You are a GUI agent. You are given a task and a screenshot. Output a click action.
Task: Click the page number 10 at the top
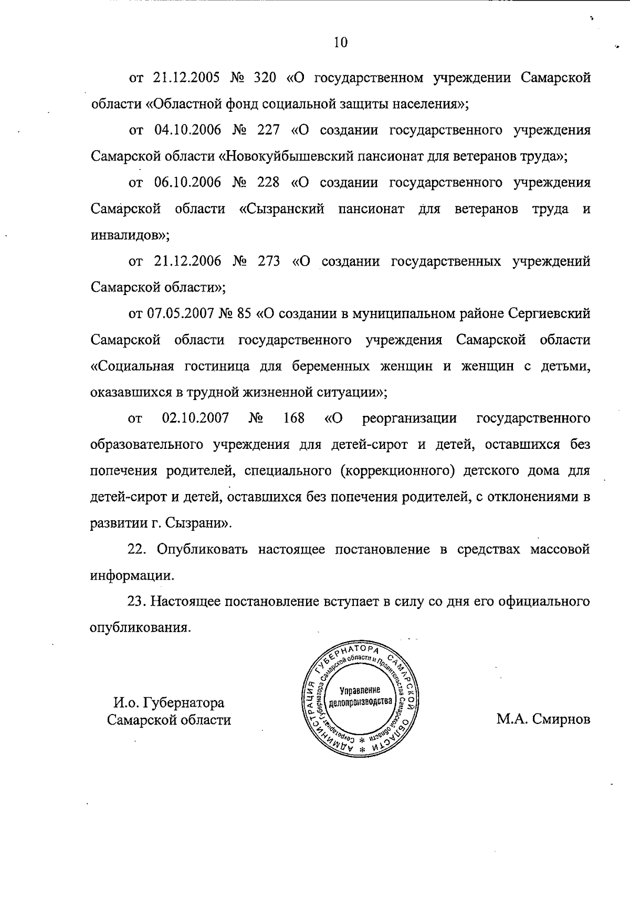click(x=340, y=43)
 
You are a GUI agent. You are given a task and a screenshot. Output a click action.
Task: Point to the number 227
click(x=268, y=130)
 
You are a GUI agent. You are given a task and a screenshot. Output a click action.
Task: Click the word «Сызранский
click(x=281, y=209)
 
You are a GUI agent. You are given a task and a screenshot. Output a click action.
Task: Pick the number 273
click(x=269, y=261)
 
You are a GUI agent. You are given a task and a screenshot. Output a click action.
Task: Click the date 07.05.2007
click(x=179, y=314)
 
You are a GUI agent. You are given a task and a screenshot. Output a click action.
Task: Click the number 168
click(x=293, y=418)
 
